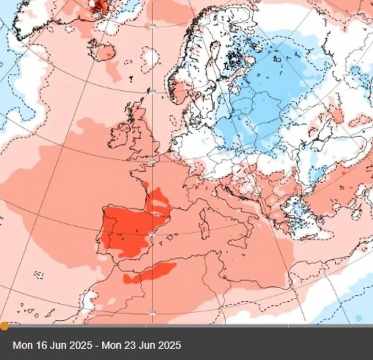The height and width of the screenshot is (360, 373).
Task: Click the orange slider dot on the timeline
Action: tap(4, 326)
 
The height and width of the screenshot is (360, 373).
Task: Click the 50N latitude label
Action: tap(153, 160)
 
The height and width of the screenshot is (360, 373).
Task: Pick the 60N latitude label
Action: tap(153, 91)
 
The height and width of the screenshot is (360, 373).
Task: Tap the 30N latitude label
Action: tap(153, 313)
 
